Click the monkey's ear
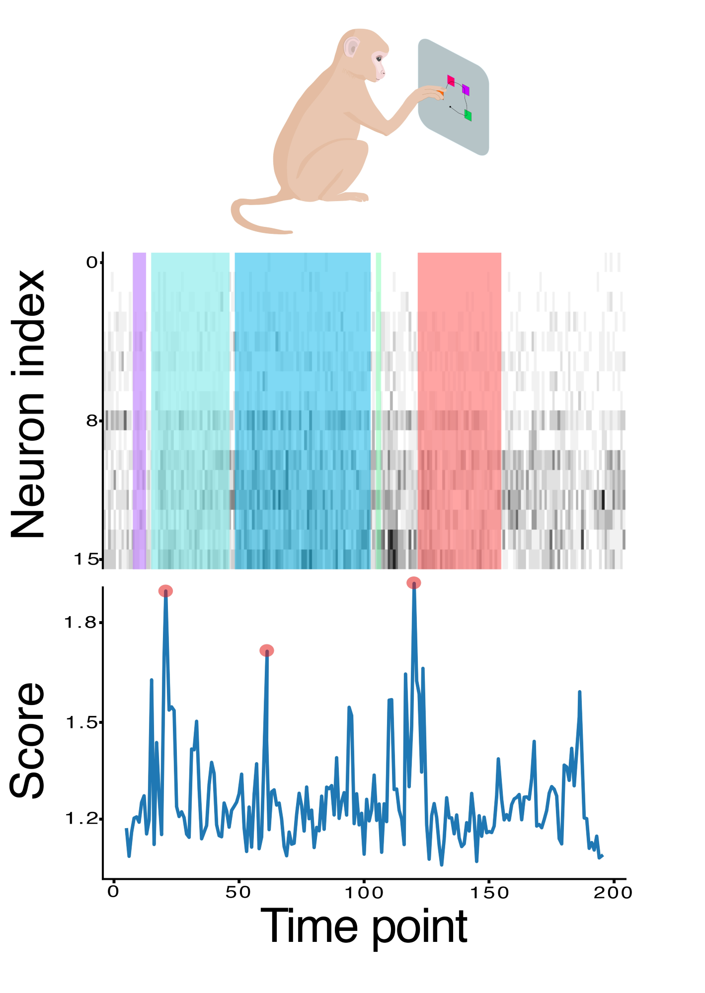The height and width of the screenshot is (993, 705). coord(352,48)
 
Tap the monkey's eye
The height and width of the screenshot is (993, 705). coord(379,59)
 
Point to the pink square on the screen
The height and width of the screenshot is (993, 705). coord(451,80)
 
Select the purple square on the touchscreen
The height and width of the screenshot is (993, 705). coord(466,90)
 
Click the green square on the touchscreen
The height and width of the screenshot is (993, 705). coord(468,115)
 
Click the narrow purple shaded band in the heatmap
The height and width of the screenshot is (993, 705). coord(139,410)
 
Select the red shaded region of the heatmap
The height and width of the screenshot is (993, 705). coord(459,410)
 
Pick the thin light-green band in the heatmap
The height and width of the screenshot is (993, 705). coord(379,410)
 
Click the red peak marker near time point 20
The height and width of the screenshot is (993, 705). coord(165,591)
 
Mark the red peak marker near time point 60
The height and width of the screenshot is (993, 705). coord(267,650)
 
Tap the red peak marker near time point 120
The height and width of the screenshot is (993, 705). coord(413,583)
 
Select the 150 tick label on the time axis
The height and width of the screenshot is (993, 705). coord(489,893)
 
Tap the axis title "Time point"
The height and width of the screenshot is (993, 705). coord(364,926)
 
